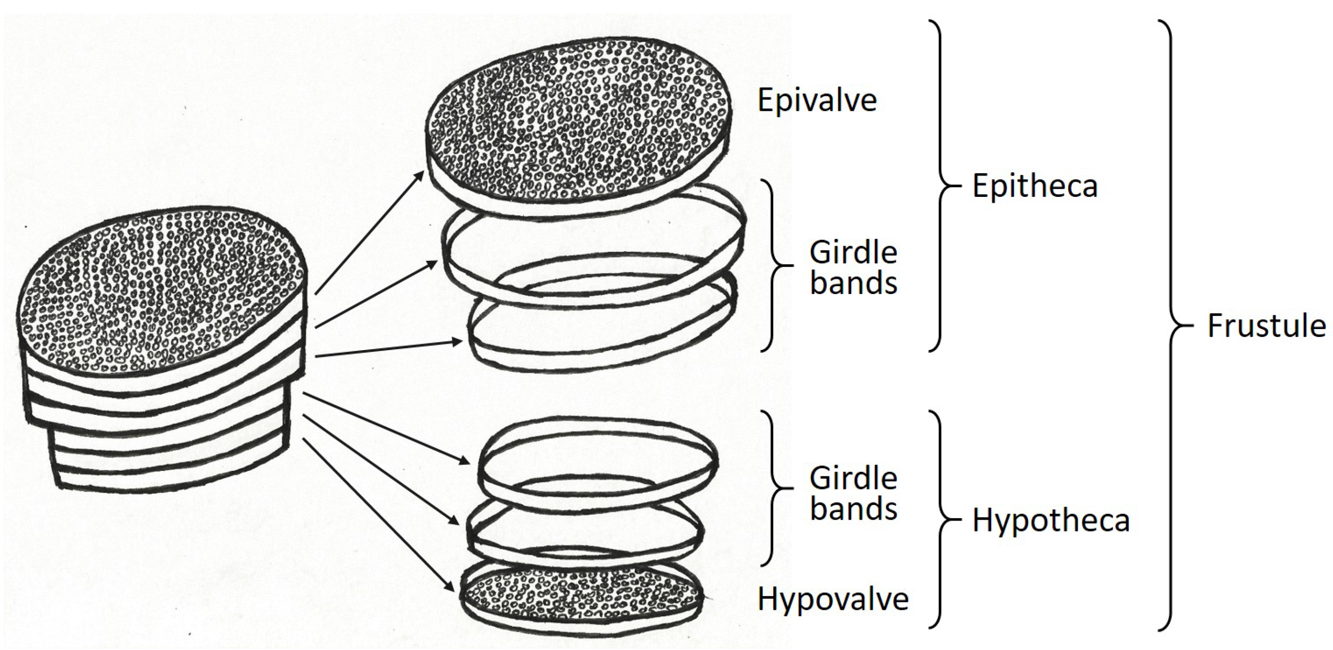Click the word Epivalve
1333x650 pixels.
pyautogui.click(x=817, y=100)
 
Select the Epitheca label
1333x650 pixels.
pyautogui.click(x=1034, y=186)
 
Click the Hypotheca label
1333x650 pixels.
pyautogui.click(x=1050, y=520)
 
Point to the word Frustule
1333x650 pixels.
pyautogui.click(x=1266, y=326)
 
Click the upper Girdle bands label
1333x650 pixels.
pyautogui.click(x=853, y=268)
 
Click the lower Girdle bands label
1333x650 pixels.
pyautogui.click(x=853, y=493)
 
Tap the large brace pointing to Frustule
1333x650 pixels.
pyautogui.click(x=1171, y=326)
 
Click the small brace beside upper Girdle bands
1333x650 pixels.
pyautogui.click(x=776, y=265)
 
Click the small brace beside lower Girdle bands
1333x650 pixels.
pyautogui.click(x=776, y=488)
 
